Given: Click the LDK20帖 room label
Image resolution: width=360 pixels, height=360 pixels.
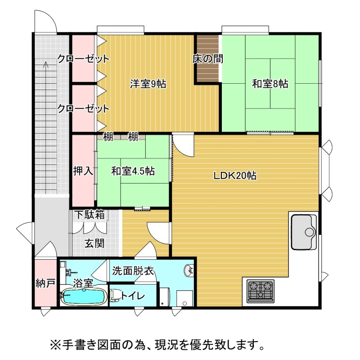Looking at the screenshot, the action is [x=235, y=176].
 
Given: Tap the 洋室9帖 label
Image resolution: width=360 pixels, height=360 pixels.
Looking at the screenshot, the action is [x=148, y=84].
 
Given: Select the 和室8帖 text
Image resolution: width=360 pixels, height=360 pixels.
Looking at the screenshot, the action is [x=270, y=84].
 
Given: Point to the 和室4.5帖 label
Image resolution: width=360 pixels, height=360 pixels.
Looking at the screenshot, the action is [x=133, y=171].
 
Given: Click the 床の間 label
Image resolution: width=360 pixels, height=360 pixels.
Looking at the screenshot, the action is [x=208, y=59].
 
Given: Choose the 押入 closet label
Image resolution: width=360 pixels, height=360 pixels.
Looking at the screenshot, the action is [x=83, y=171].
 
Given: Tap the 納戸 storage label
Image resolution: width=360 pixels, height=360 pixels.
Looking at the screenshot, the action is [x=45, y=283].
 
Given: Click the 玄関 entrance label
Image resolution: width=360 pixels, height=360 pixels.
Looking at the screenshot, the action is [x=94, y=243].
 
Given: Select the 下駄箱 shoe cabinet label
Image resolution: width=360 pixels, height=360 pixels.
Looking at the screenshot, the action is [x=90, y=215].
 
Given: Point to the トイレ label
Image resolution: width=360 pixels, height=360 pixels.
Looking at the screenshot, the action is [x=133, y=296].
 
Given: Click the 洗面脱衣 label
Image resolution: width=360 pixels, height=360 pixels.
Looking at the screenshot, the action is [x=133, y=271].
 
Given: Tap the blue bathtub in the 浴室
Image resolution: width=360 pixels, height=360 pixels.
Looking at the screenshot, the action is [x=84, y=297].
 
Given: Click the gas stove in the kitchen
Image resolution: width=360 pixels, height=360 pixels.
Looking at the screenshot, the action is [x=261, y=291].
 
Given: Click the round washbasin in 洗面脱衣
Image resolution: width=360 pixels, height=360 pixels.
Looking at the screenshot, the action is [x=189, y=271].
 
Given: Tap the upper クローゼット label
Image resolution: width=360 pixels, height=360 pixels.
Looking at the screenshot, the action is [x=83, y=59].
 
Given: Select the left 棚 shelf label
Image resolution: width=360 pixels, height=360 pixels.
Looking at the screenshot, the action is [x=108, y=137].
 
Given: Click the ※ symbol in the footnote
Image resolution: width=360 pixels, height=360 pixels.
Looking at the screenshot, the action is [x=54, y=344].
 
